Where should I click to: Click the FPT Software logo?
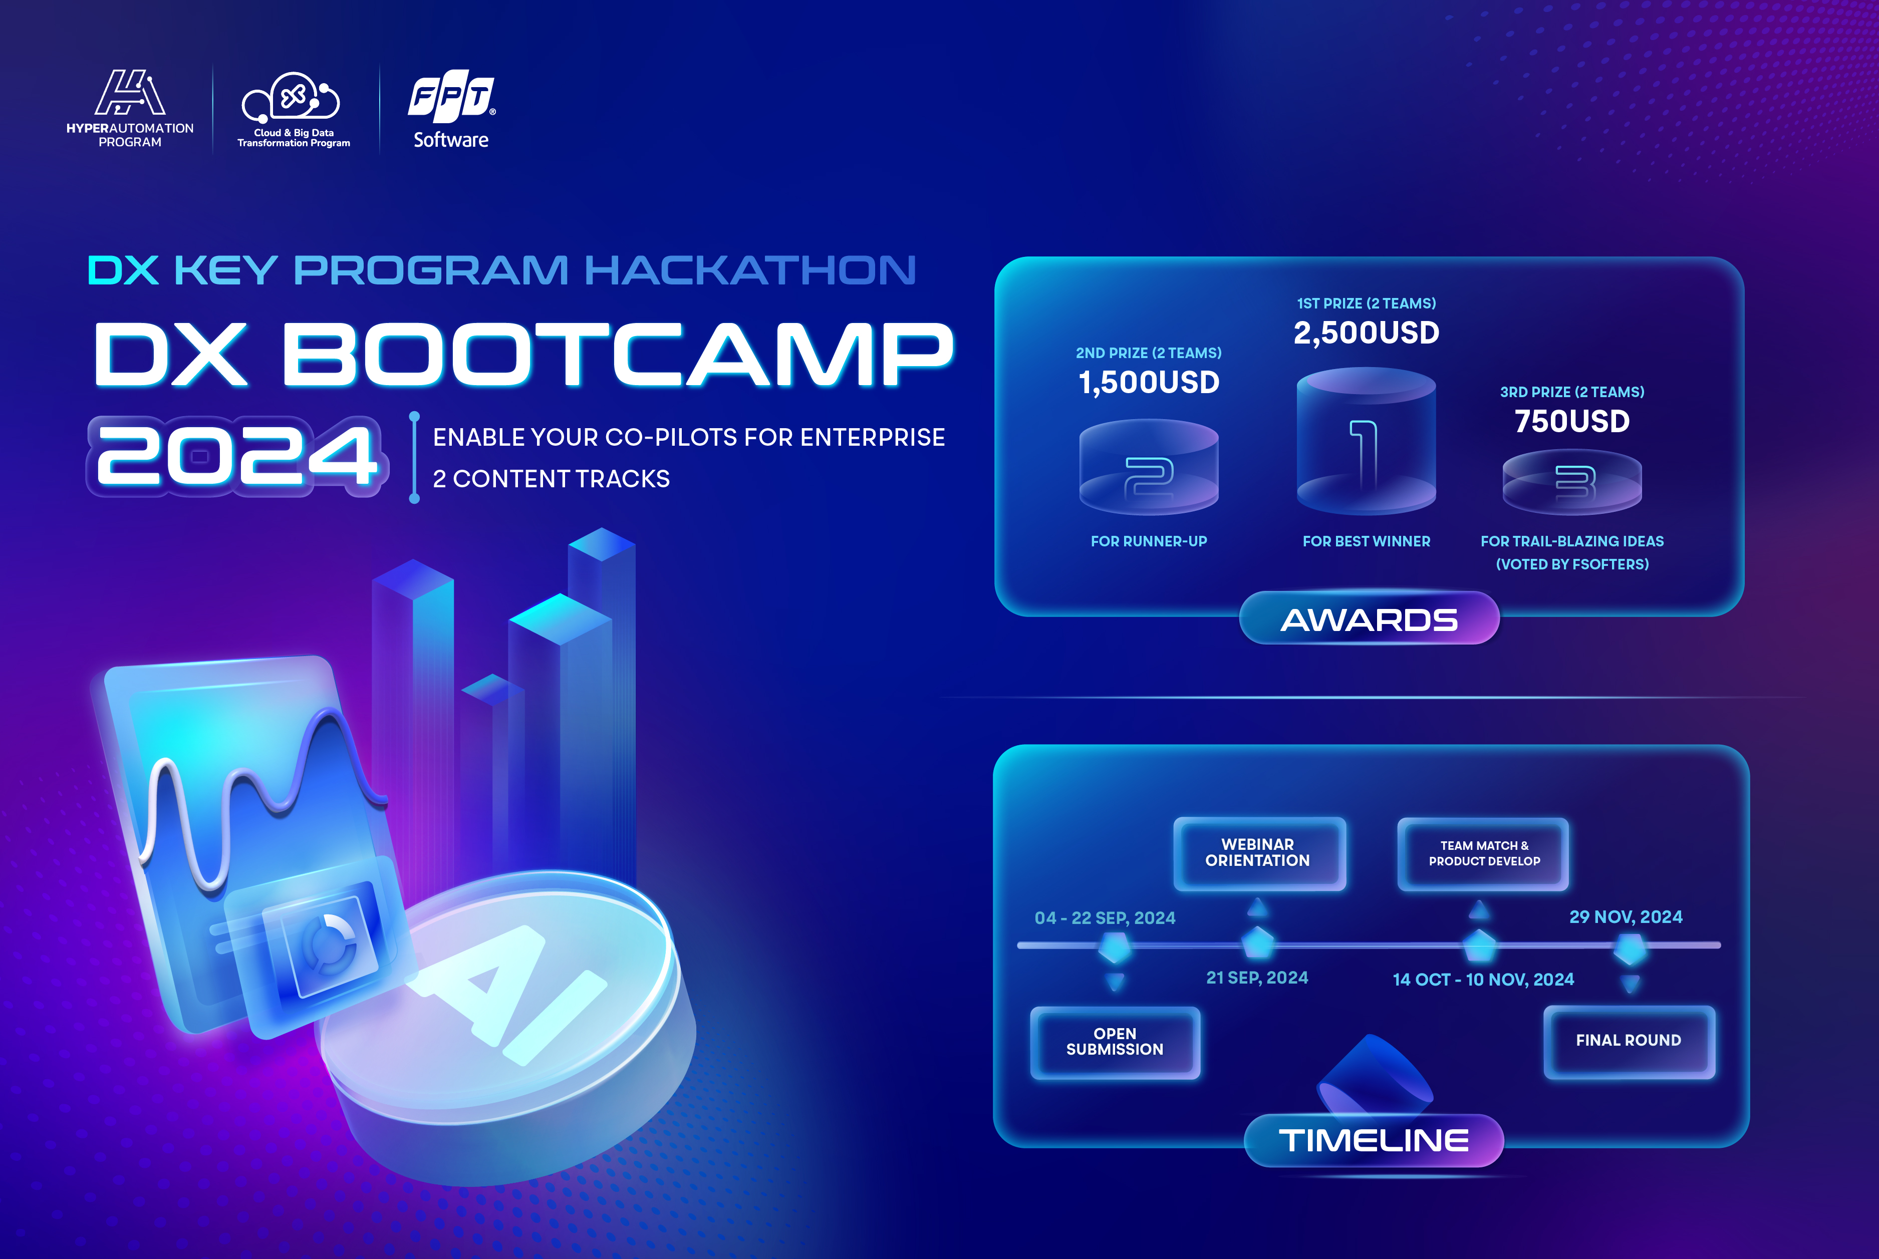pos(451,112)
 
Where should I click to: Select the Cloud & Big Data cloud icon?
pos(292,98)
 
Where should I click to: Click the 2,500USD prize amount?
pos(1366,333)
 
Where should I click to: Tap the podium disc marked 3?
pos(1571,482)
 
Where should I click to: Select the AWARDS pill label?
pos(1369,618)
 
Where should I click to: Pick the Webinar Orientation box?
pos(1258,853)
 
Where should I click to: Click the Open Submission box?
pos(1115,1042)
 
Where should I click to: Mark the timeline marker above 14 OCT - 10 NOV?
pos(1479,945)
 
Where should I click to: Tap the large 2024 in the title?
pos(237,455)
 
